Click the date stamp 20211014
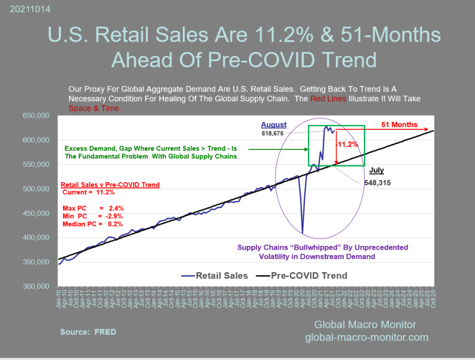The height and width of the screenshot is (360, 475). click(24, 9)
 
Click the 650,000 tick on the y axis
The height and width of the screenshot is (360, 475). click(36, 116)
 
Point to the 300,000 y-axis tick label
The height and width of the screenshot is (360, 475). click(36, 287)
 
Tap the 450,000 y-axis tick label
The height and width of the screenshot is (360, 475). click(36, 213)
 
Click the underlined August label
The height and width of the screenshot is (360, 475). click(274, 125)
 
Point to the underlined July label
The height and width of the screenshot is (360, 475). click(376, 170)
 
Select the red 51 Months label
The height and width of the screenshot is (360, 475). click(399, 125)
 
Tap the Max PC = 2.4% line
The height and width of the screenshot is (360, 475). click(88, 208)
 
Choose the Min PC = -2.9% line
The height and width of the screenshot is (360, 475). click(88, 216)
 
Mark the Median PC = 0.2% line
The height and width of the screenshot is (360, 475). click(88, 224)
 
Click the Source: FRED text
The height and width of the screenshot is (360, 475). click(88, 332)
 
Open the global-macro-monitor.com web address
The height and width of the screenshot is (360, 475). click(367, 337)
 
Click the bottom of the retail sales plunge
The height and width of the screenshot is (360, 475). click(302, 232)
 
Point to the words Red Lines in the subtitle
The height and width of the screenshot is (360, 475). click(326, 99)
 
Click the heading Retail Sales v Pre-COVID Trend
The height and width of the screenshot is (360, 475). click(110, 185)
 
